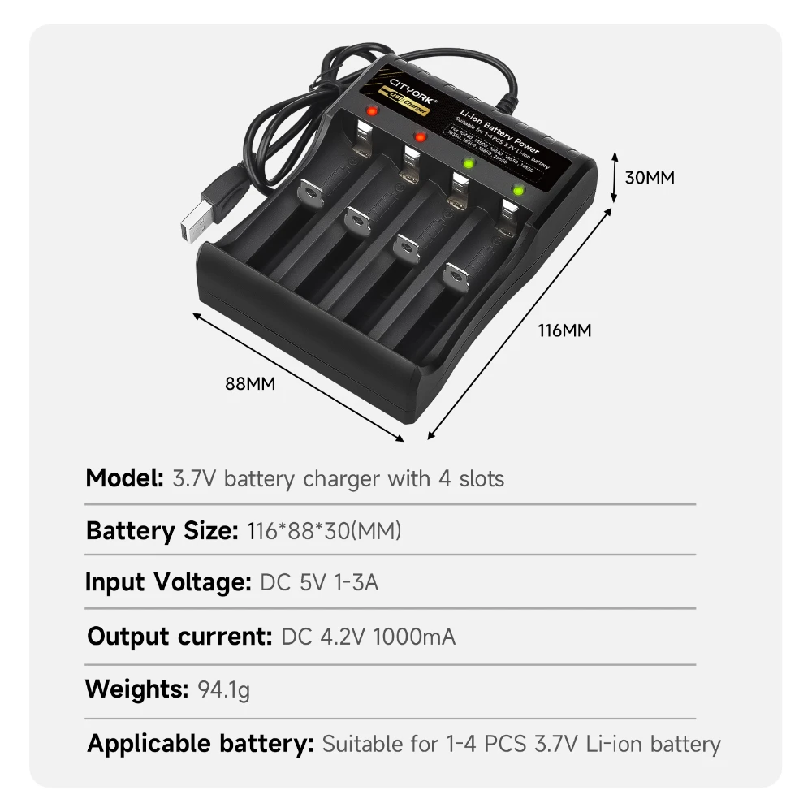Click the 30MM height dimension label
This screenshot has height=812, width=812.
click(x=650, y=177)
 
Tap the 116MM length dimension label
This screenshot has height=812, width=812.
click(x=565, y=330)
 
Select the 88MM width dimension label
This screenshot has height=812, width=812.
click(x=250, y=384)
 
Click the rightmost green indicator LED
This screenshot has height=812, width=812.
click(x=516, y=192)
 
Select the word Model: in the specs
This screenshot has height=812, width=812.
click(x=124, y=478)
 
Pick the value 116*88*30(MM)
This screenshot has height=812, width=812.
click(x=323, y=531)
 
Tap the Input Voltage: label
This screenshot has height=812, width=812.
click(x=168, y=582)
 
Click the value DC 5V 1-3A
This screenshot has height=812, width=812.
click(x=319, y=582)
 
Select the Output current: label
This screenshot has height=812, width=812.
click(x=179, y=636)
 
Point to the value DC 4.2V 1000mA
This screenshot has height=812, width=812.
click(x=368, y=636)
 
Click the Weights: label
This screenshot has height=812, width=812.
click(x=136, y=689)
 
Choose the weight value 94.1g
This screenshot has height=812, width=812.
click(x=224, y=690)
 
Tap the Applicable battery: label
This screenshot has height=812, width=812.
click(x=201, y=743)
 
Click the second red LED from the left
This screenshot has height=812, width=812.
click(x=420, y=136)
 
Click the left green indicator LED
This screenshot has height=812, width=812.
click(x=468, y=163)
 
